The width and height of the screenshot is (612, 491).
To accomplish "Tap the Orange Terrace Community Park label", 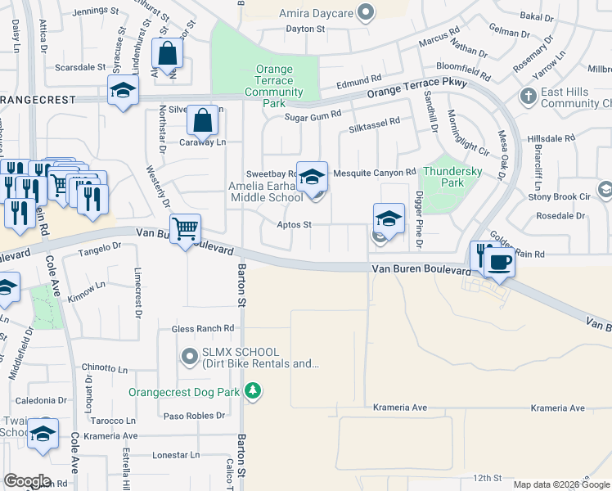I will pyautogui.click(x=274, y=87).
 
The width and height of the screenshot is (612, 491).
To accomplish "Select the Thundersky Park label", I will pyautogui.click(x=441, y=178).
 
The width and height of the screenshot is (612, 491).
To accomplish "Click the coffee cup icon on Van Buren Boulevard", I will pyautogui.click(x=499, y=263).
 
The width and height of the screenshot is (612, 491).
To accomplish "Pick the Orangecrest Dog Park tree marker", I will pyautogui.click(x=254, y=391).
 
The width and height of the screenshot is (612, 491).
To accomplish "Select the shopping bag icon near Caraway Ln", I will pyautogui.click(x=202, y=122).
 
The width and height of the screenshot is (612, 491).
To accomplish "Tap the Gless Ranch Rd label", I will pyautogui.click(x=203, y=329).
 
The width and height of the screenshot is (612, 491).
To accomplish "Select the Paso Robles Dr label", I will pyautogui.click(x=194, y=416).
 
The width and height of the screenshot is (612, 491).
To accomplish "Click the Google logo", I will pyautogui.click(x=27, y=482).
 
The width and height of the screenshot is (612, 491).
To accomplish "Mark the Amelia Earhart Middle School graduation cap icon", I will pyautogui.click(x=311, y=176).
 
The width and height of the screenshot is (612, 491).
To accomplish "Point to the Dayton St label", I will pyautogui.click(x=305, y=29).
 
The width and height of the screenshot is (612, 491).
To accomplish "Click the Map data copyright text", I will pyautogui.click(x=560, y=484).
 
